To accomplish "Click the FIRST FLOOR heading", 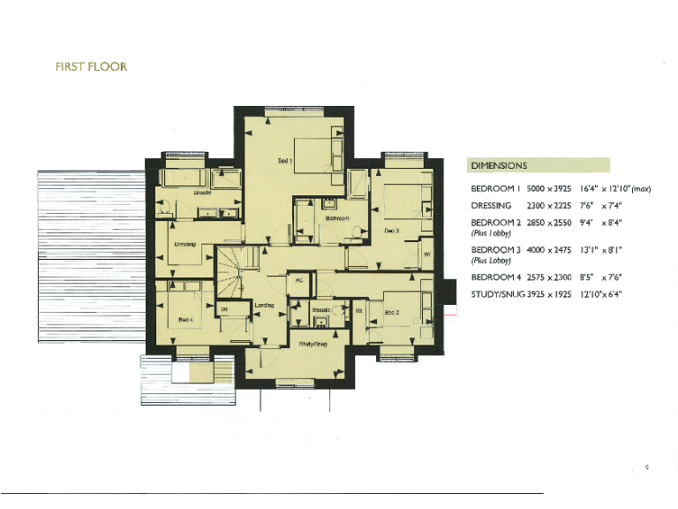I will tap(91, 67).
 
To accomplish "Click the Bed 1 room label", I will tap(284, 161).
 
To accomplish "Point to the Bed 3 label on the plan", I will tap(392, 231).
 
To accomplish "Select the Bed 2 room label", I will tap(392, 313).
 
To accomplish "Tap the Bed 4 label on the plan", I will tap(185, 319).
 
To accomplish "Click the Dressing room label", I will tap(185, 245).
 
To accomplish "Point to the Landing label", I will tap(264, 305).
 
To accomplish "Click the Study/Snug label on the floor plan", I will tap(313, 344).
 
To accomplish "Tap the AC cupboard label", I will tap(299, 280).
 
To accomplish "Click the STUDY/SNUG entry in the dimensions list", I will tap(498, 292).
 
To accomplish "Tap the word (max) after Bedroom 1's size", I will tap(641, 188).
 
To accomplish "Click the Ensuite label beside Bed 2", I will tap(320, 310).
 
